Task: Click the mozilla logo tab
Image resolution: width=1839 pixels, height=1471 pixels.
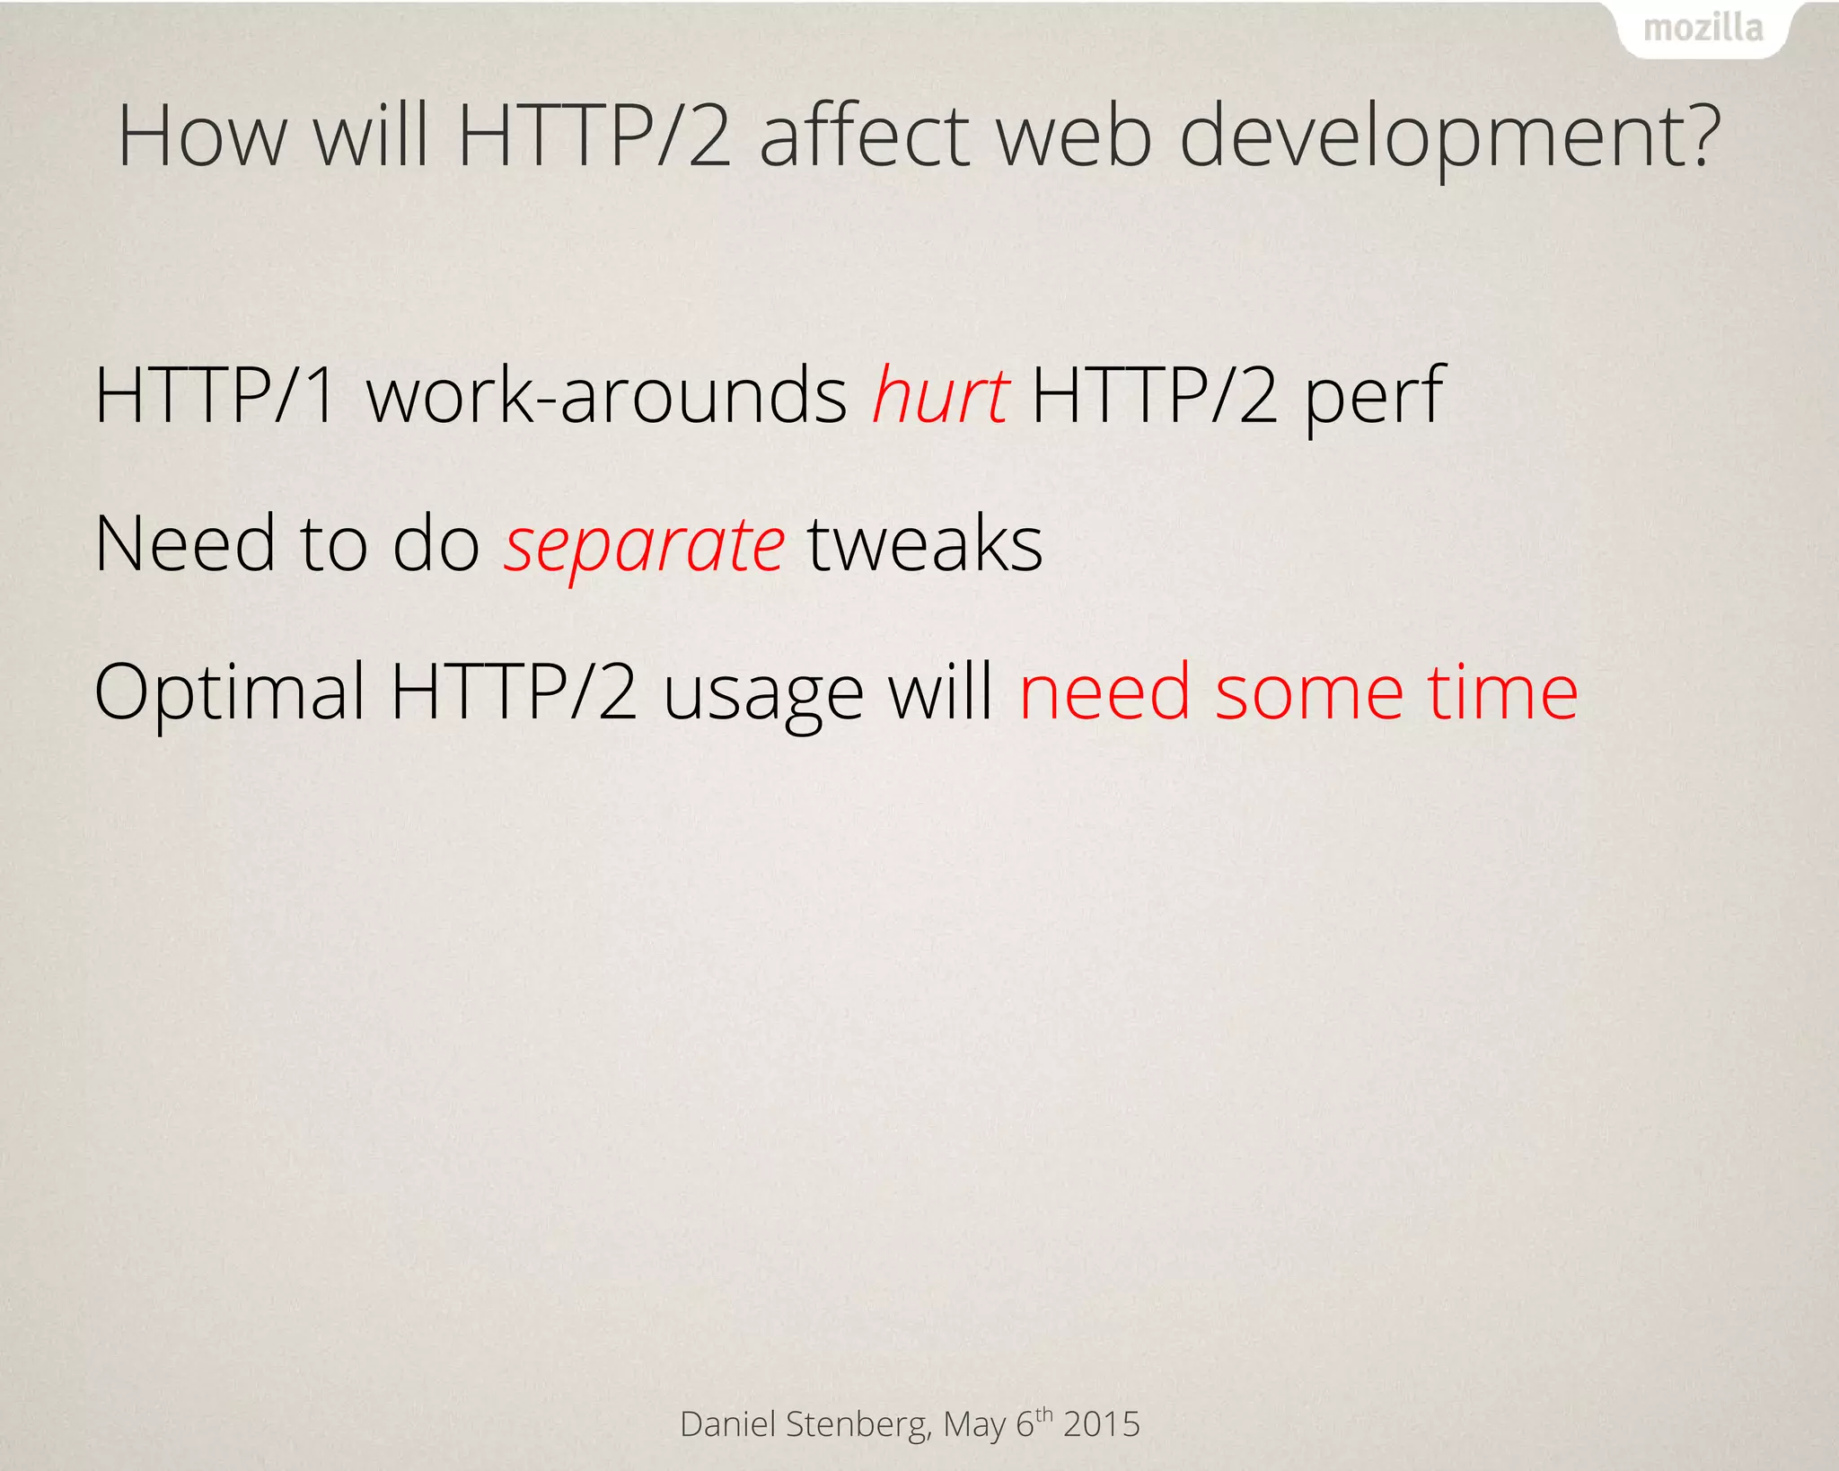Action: (x=1703, y=30)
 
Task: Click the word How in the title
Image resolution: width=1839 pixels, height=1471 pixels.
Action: (x=202, y=137)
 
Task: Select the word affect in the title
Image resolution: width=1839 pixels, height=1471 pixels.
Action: (x=864, y=137)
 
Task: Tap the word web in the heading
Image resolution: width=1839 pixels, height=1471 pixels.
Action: (x=1074, y=137)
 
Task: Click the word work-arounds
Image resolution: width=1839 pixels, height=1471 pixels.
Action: (x=607, y=395)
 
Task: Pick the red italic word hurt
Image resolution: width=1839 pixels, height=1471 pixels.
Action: (x=941, y=395)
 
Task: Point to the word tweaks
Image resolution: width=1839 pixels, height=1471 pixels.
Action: (x=925, y=544)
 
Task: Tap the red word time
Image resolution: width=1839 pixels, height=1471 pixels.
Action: (x=1503, y=691)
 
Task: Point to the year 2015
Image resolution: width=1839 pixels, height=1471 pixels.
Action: (x=1102, y=1424)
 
